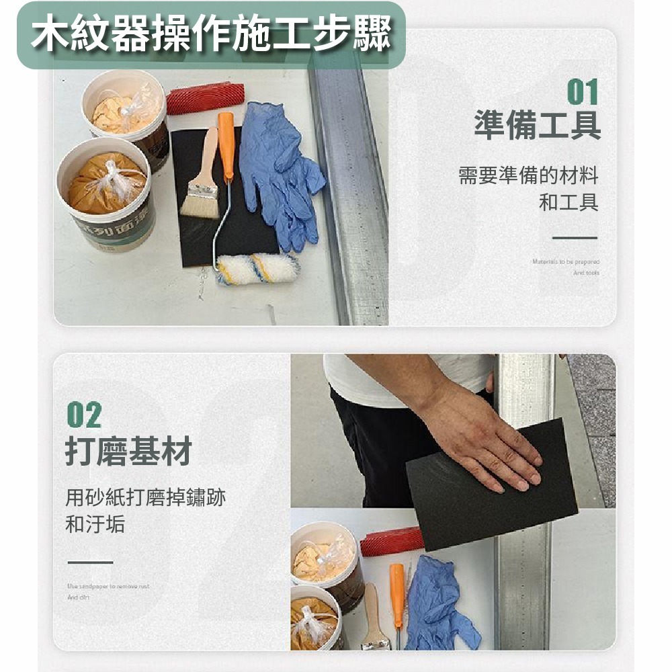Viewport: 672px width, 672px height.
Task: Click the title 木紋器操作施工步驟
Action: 210,35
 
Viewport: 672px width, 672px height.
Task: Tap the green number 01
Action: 582,92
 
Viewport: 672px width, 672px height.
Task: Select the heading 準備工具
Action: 538,126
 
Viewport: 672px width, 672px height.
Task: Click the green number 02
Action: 84,416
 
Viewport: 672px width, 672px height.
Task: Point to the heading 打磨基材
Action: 128,451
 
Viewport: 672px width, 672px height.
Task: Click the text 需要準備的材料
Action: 528,176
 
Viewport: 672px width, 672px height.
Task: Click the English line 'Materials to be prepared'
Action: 566,261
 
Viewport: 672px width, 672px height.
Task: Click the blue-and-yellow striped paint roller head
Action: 256,268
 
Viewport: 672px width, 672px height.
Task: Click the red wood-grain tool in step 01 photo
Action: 205,98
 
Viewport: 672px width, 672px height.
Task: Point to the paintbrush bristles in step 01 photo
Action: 200,202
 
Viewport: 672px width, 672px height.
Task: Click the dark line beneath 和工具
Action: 575,237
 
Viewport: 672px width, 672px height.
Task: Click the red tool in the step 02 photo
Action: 392,542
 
